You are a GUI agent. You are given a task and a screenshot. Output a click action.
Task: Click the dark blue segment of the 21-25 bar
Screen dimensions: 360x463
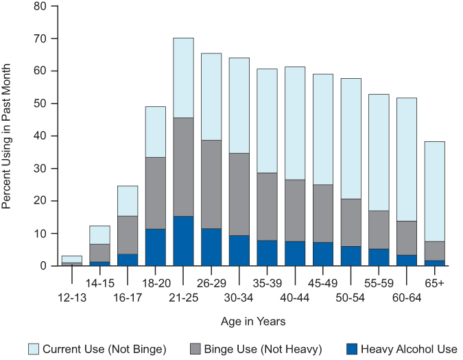point(183,241)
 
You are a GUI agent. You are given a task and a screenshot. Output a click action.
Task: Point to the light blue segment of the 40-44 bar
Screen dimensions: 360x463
point(294,123)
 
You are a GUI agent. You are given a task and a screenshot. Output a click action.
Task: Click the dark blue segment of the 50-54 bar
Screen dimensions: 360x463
point(351,256)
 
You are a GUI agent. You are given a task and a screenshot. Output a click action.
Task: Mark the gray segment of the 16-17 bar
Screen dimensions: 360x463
point(127,235)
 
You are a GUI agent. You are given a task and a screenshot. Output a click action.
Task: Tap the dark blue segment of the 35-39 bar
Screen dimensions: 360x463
point(267,253)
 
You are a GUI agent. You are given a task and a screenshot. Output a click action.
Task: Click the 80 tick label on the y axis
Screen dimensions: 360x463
point(40,6)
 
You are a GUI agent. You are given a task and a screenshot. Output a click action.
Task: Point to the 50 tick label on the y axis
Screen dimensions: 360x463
point(40,104)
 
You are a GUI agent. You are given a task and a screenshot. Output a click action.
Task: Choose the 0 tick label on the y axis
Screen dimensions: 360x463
point(43,266)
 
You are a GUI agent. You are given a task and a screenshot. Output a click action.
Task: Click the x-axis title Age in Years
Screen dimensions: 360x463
point(252,321)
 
